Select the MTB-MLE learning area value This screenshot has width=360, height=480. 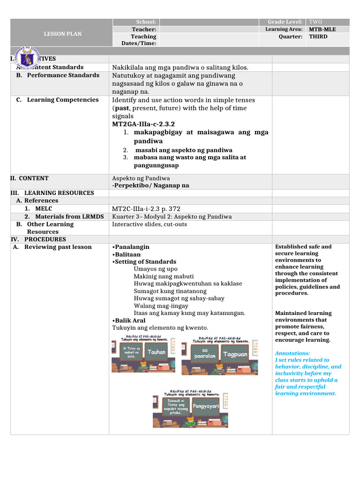322,29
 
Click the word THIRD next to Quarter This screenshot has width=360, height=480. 318,37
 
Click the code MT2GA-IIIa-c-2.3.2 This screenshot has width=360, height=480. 143,124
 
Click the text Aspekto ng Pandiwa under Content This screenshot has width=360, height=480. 141,178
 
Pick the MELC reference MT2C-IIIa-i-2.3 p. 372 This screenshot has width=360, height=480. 146,209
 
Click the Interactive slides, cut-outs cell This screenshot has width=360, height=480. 150,224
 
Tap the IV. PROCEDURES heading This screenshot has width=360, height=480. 38,239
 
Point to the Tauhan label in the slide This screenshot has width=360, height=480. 157,352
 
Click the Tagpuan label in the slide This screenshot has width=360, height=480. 235,354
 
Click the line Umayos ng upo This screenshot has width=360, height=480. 156,269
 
